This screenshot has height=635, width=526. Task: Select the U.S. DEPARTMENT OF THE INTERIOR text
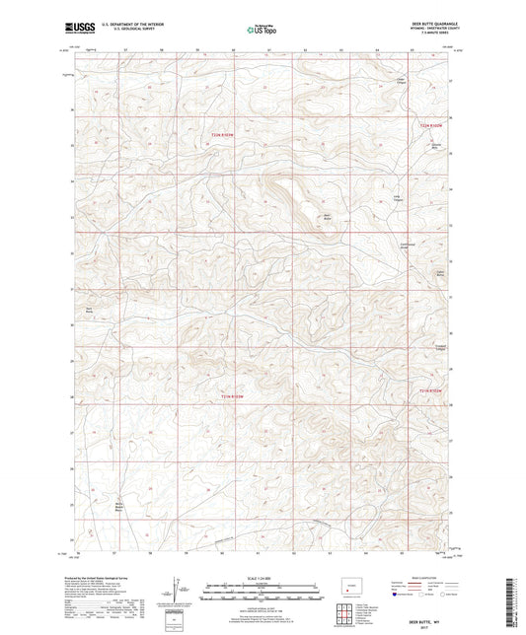pos(140,27)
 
